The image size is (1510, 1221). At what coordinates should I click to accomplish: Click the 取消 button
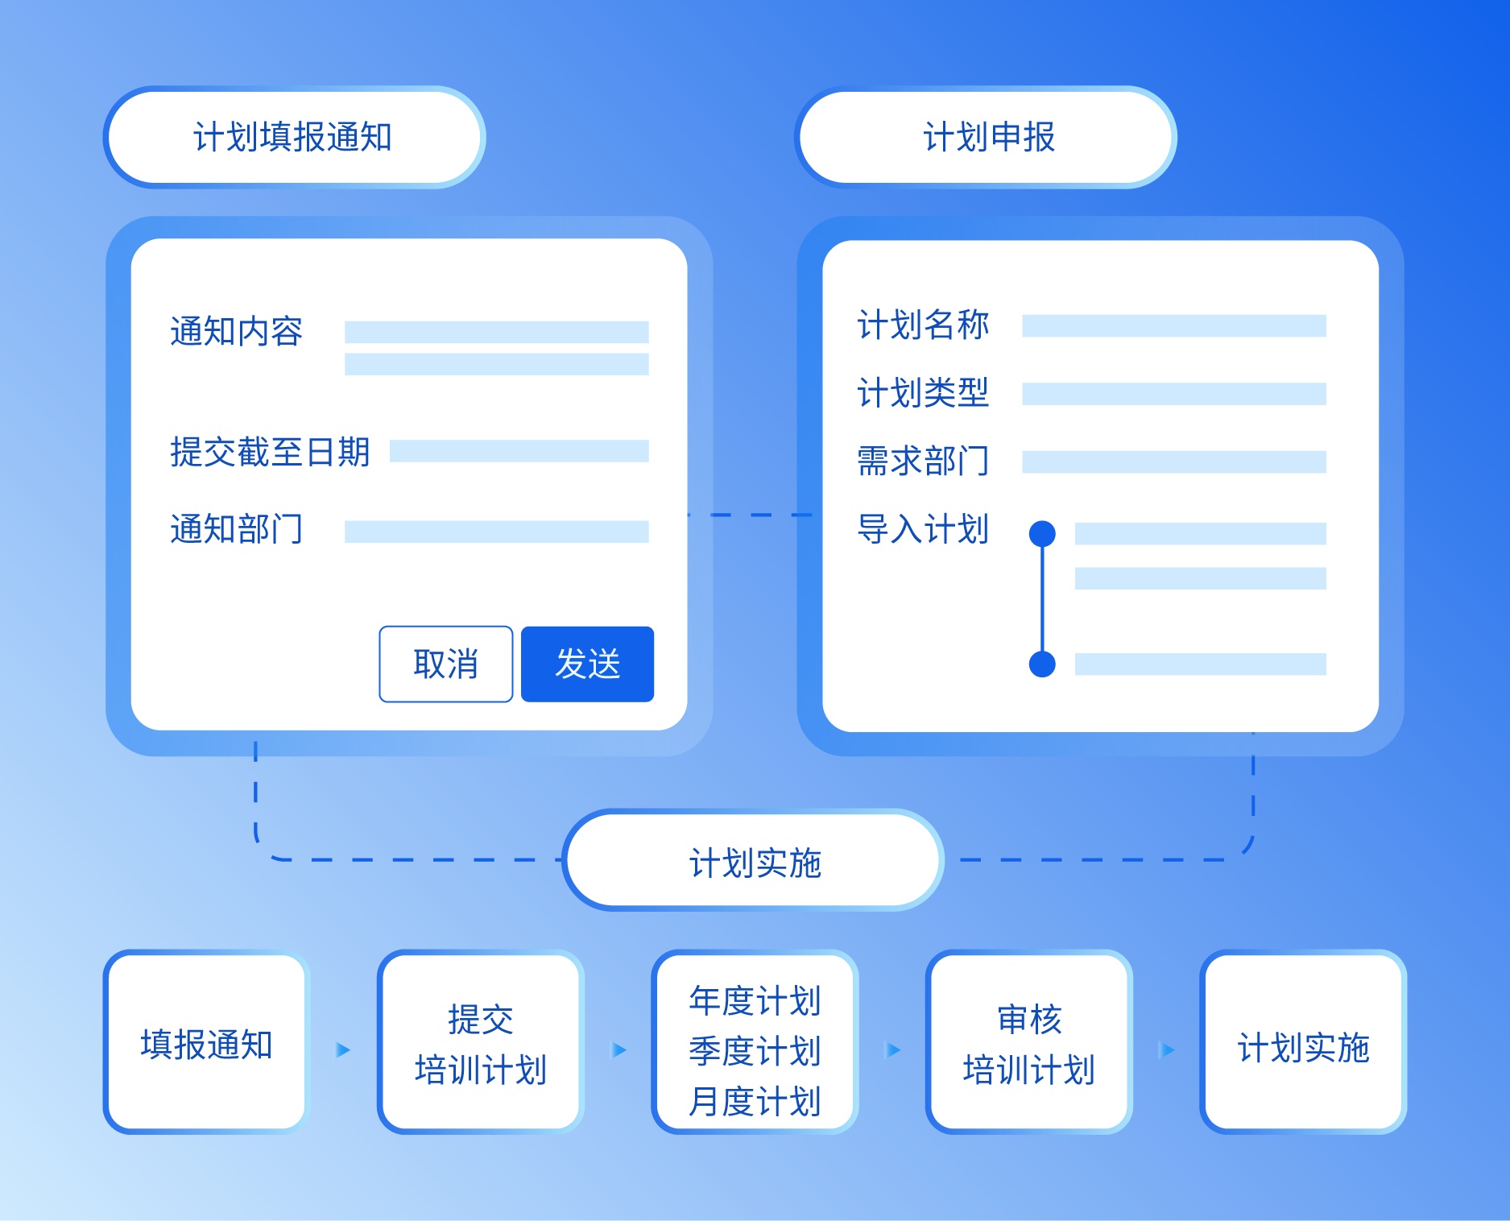(445, 664)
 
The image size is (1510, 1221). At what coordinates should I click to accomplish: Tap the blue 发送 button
(587, 664)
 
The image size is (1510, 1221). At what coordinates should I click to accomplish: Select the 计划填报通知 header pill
(294, 137)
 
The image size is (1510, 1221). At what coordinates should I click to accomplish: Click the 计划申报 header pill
(987, 137)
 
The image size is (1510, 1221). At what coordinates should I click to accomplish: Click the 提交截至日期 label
(270, 452)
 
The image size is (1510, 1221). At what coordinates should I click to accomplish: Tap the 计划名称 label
(923, 325)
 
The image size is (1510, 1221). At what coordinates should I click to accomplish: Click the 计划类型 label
(923, 393)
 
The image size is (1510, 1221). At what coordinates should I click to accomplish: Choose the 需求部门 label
(923, 461)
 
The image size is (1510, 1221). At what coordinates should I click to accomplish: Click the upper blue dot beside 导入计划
(1042, 533)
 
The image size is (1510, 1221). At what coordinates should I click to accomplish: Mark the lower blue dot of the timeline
(1042, 664)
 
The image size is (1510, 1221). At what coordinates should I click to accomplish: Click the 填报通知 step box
(206, 1043)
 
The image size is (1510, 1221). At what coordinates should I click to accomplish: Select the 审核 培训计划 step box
(1028, 1043)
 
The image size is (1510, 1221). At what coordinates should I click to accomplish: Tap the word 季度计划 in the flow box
(755, 1051)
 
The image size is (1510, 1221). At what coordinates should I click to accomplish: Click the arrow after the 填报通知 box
(344, 1049)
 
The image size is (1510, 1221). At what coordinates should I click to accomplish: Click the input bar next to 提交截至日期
(519, 451)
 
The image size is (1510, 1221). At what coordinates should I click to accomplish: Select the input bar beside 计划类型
(1173, 394)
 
